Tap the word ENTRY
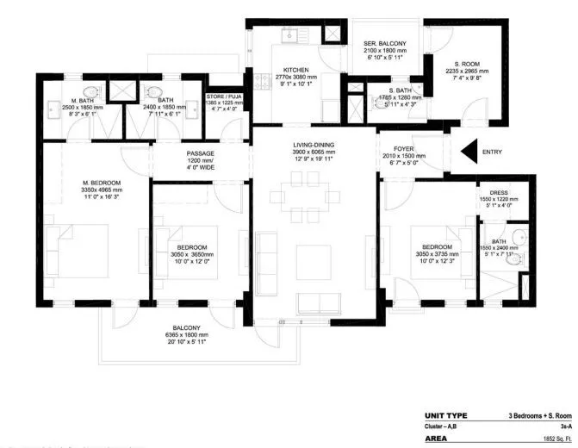(x=492, y=152)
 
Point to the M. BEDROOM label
(x=102, y=183)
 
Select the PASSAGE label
(x=200, y=153)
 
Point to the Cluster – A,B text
(x=443, y=426)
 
